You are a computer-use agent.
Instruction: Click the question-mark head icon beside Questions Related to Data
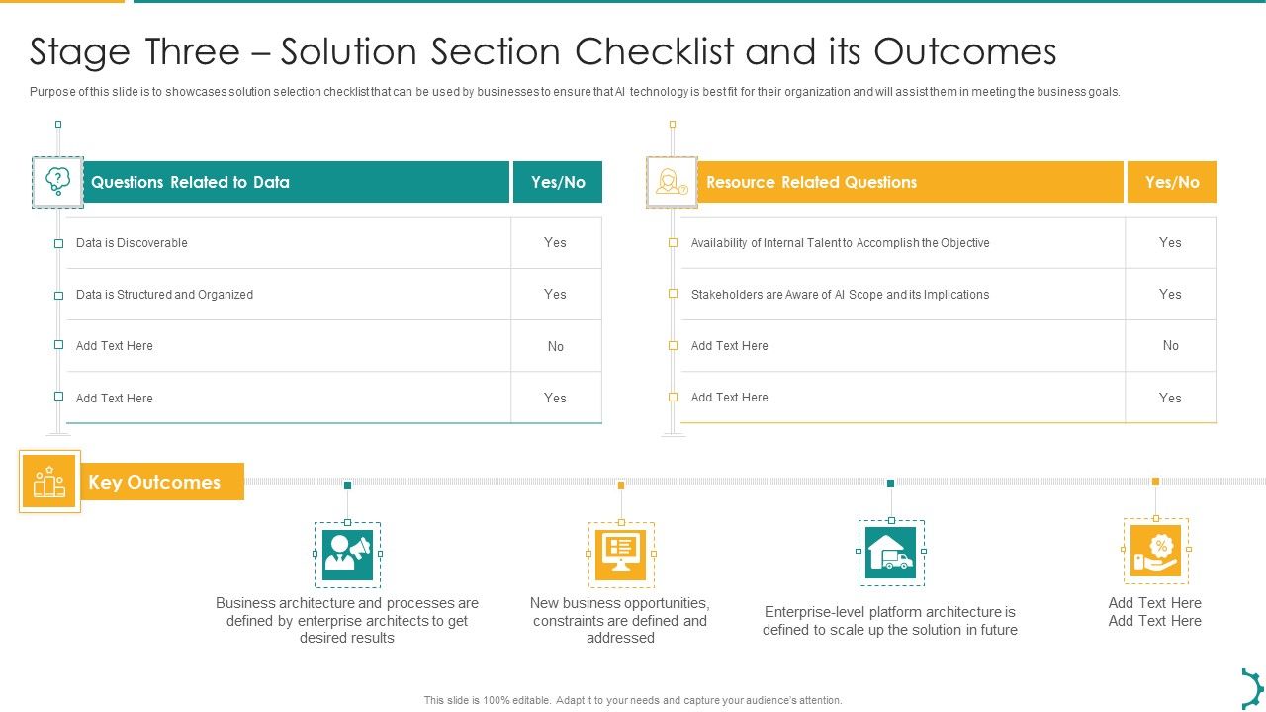pos(57,181)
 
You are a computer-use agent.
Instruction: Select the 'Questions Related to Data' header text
pos(190,182)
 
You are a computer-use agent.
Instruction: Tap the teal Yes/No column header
pos(558,182)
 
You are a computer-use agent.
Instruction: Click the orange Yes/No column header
pos(1172,182)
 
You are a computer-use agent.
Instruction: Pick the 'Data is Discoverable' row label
pos(132,243)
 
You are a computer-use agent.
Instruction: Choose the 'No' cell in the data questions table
pos(556,346)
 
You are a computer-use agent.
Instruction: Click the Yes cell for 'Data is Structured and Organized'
pos(556,295)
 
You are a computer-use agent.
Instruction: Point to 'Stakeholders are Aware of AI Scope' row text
pos(840,295)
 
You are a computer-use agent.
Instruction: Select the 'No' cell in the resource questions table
pos(1171,346)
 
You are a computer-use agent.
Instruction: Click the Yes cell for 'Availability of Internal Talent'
pos(1170,243)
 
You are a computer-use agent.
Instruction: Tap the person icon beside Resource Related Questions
pos(672,182)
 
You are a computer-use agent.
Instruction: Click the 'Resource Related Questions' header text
pos(811,182)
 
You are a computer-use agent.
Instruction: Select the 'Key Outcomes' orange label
pos(155,482)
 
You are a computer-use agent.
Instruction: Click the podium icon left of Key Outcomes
pos(49,483)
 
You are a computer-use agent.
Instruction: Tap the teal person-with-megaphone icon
pos(347,555)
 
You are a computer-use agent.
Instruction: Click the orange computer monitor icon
pos(621,555)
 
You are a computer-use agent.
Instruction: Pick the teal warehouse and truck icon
pos(891,553)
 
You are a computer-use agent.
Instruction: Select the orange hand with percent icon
pos(1155,551)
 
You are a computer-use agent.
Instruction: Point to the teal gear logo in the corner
pos(1252,687)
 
